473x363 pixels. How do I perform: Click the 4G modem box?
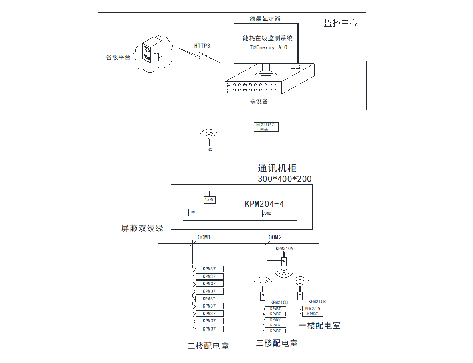210,151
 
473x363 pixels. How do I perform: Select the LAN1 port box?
210,199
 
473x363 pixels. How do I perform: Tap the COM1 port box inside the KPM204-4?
193,212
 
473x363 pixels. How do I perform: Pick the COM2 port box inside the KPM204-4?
267,213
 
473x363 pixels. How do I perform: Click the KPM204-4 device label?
264,204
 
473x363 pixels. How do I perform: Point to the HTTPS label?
202,46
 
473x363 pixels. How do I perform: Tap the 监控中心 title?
340,23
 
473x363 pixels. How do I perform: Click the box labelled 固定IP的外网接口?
266,127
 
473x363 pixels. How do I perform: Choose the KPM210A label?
284,249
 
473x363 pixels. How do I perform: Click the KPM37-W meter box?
312,308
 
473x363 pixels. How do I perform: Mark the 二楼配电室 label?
208,346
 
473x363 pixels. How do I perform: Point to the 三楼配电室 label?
277,343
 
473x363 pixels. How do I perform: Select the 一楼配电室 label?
319,326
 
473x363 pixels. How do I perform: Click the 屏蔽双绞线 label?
142,228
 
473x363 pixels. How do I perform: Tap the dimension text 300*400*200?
285,179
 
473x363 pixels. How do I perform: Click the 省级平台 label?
118,57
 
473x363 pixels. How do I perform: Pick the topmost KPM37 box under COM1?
209,269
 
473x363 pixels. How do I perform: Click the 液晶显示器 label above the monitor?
265,18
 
